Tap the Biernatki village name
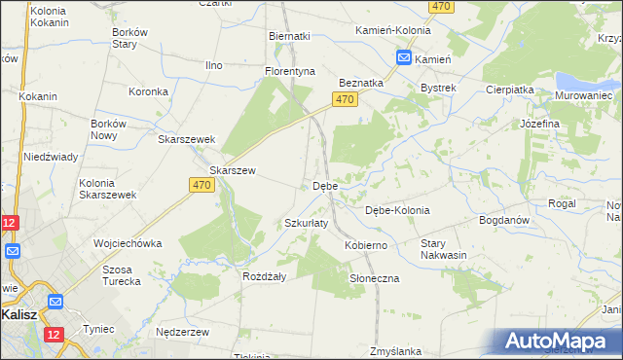(x=289, y=36)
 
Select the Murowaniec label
(x=582, y=96)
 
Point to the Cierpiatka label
(x=509, y=90)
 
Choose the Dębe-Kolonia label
(x=396, y=210)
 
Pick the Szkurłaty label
(x=306, y=223)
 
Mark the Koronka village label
(x=149, y=91)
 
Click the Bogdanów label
(x=504, y=220)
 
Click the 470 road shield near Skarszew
(x=202, y=185)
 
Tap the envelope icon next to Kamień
(x=403, y=59)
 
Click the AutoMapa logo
(x=560, y=341)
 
